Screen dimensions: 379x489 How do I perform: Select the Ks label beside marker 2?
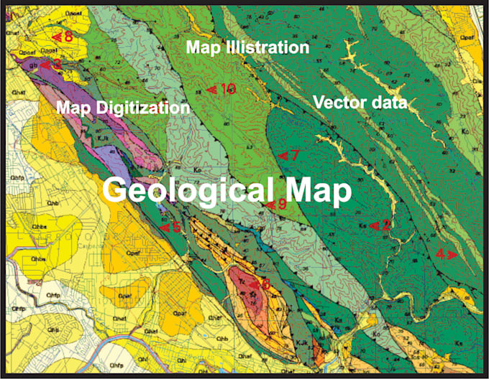(362, 225)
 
